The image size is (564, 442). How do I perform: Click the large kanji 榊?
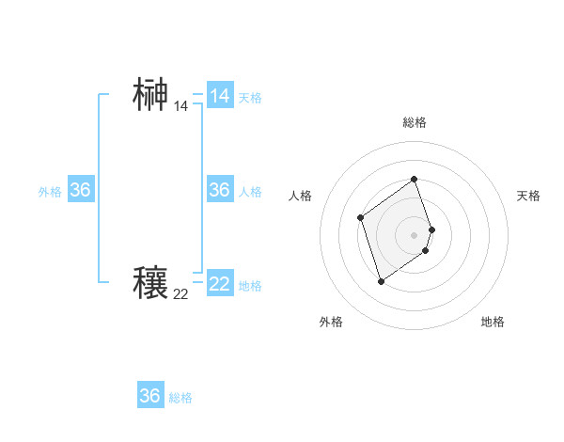pos(150,96)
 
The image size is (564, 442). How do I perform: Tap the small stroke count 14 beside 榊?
pos(180,107)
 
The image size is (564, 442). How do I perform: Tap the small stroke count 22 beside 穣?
pos(180,294)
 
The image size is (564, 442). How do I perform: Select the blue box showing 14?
pos(220,96)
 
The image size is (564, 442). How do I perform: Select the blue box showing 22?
pos(220,283)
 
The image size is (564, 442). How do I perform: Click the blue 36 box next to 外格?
pos(80,190)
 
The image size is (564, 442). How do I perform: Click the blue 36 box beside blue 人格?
pos(220,190)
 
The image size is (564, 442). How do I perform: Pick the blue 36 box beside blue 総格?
pos(150,396)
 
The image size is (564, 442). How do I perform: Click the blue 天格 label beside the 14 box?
pos(250,98)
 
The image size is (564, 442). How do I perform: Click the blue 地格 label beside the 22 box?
pos(250,286)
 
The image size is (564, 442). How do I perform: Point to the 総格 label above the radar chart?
pos(415,122)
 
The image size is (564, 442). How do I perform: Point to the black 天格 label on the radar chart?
pos(528,196)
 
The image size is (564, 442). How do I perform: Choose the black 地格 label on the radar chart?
pos(493,322)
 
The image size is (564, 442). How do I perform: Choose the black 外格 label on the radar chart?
pos(331,322)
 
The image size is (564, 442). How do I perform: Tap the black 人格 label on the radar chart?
pos(301,196)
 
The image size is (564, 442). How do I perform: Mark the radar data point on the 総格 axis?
pos(415,179)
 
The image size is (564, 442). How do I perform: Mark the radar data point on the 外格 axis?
pos(381,280)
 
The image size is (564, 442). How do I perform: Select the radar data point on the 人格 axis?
pos(361,218)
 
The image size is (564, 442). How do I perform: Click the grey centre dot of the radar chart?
pos(415,234)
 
